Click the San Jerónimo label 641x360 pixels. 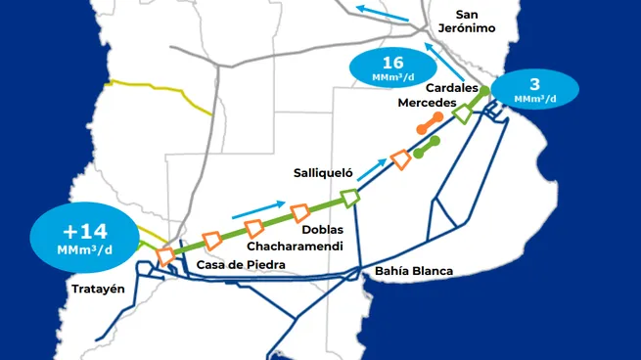point(482,22)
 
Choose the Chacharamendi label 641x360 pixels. point(287,246)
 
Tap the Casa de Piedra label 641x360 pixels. point(241,265)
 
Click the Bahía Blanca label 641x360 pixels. point(414,270)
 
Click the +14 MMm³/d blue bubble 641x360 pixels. point(83,238)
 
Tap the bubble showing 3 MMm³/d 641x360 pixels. point(534,91)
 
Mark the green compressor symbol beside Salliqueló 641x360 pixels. point(349,197)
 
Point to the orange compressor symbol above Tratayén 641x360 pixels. point(165,254)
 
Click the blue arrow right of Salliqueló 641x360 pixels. point(373,172)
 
